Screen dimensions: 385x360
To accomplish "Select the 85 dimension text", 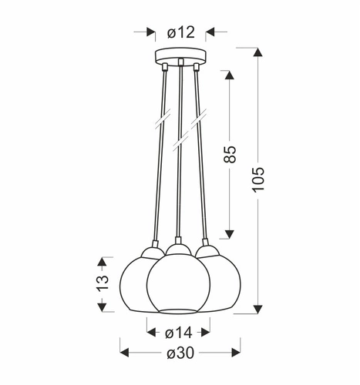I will coord(229,155).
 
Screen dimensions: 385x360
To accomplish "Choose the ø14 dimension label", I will coord(179,333).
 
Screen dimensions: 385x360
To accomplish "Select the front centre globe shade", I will coord(179,283).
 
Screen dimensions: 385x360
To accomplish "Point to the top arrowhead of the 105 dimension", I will coord(257,52).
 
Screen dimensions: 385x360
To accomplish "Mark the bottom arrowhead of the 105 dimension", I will coord(257,310).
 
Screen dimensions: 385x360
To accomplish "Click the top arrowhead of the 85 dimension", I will coord(229,75).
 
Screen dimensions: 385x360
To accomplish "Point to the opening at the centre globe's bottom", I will coord(179,311).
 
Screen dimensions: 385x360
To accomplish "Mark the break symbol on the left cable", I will coord(161,122).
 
